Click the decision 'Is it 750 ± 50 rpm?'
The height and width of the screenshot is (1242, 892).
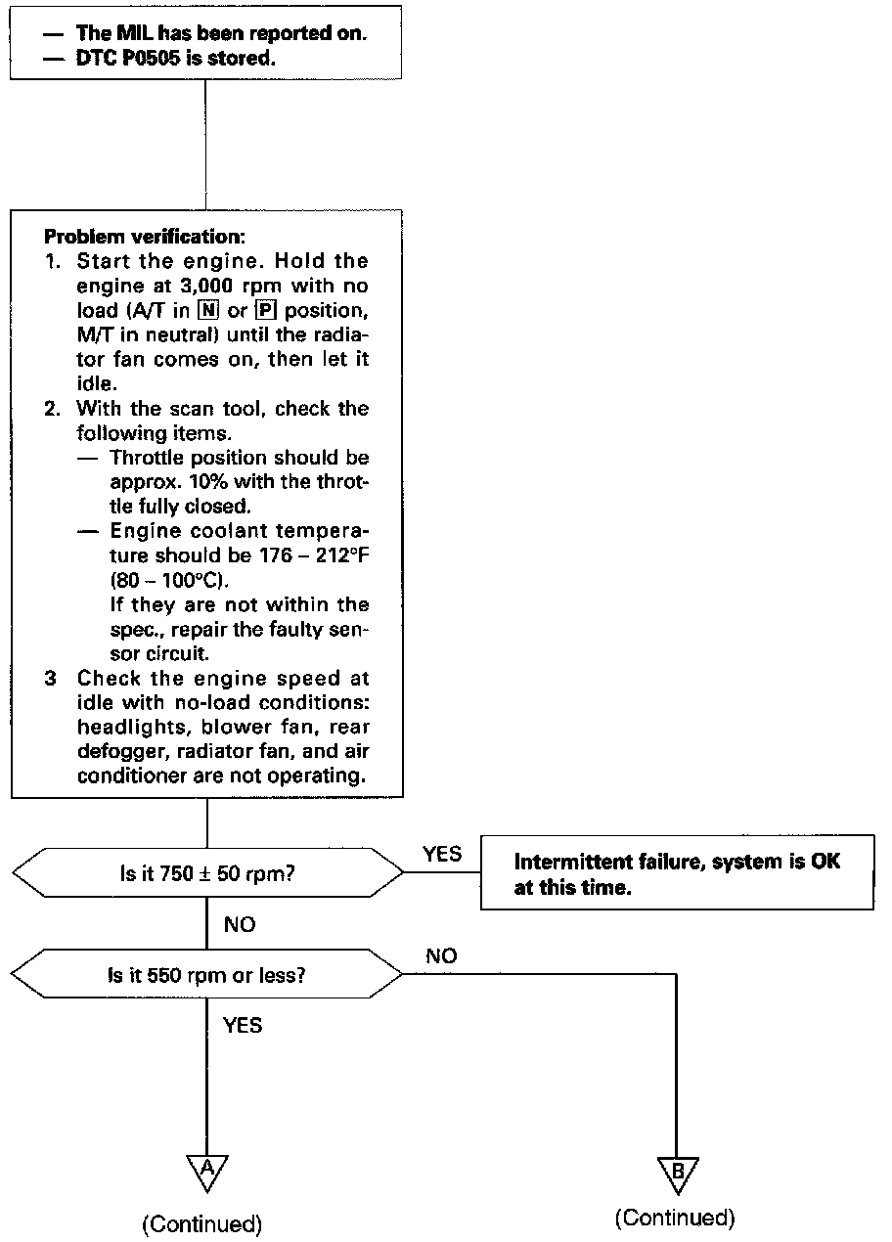tap(206, 872)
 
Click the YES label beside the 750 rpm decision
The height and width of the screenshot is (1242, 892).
tap(441, 854)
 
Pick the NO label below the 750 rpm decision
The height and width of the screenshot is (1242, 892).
tap(241, 924)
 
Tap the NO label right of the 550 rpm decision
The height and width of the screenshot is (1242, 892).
tap(441, 956)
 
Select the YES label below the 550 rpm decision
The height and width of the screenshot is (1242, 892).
tap(242, 1026)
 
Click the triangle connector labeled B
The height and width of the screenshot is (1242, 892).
tap(677, 1172)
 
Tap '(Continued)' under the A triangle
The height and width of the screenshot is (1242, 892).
tap(202, 1223)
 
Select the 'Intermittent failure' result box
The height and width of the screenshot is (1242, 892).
tap(677, 874)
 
